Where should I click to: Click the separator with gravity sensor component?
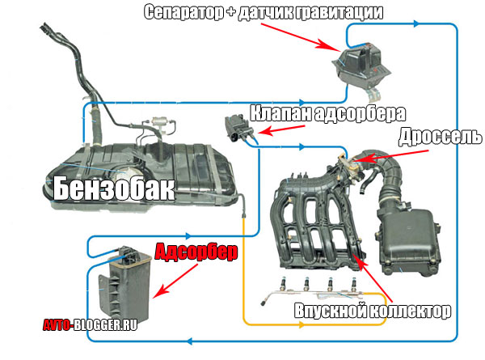point(364,63)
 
